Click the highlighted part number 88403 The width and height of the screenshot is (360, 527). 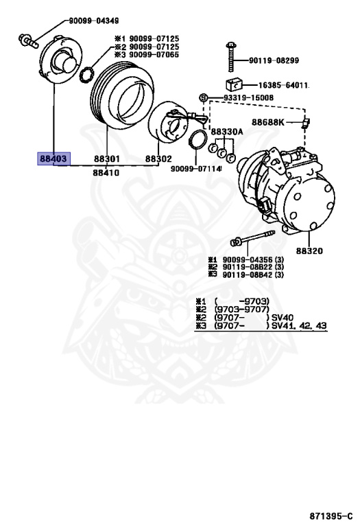click(x=53, y=159)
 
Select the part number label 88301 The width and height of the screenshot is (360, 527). click(x=107, y=159)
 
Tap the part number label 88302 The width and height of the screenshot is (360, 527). click(x=158, y=159)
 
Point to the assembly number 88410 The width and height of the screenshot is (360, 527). click(x=106, y=173)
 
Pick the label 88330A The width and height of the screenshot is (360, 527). click(x=226, y=131)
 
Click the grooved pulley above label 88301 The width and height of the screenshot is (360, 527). click(x=120, y=99)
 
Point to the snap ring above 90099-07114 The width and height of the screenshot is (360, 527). click(x=197, y=145)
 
